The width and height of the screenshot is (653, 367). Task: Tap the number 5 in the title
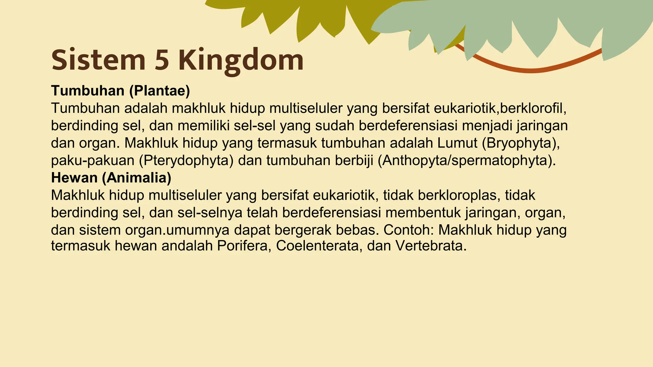coord(162,60)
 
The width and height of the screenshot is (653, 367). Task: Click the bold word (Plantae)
coord(159,91)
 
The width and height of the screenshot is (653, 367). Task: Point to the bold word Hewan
coord(74,178)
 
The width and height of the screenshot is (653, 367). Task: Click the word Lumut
coord(457,143)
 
